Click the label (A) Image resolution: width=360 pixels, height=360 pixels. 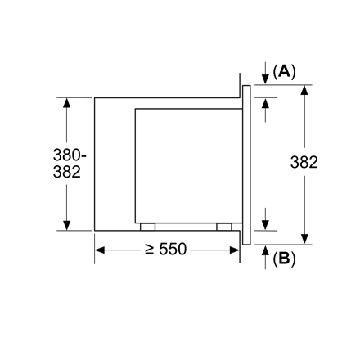pos(284,71)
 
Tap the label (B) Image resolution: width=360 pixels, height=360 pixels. pos(284,259)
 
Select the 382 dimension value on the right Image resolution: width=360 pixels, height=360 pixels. pos(304,163)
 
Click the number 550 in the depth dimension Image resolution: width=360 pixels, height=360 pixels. pos(172,249)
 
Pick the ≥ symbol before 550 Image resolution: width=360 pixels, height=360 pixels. pos(150,249)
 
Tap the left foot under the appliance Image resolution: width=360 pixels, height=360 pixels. pos(147,227)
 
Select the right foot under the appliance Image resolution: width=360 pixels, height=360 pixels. pos(223,227)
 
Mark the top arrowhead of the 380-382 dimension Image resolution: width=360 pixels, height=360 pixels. pos(67,103)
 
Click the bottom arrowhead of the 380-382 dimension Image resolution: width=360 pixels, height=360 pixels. pos(67,225)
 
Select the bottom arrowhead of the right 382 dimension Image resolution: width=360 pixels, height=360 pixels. pos(304,238)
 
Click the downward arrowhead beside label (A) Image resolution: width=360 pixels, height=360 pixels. pos(266,79)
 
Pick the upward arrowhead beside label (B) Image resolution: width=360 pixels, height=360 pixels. pos(266,250)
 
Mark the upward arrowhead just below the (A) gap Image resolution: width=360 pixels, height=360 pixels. pos(266,103)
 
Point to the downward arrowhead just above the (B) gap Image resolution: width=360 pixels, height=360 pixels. pos(266,224)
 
